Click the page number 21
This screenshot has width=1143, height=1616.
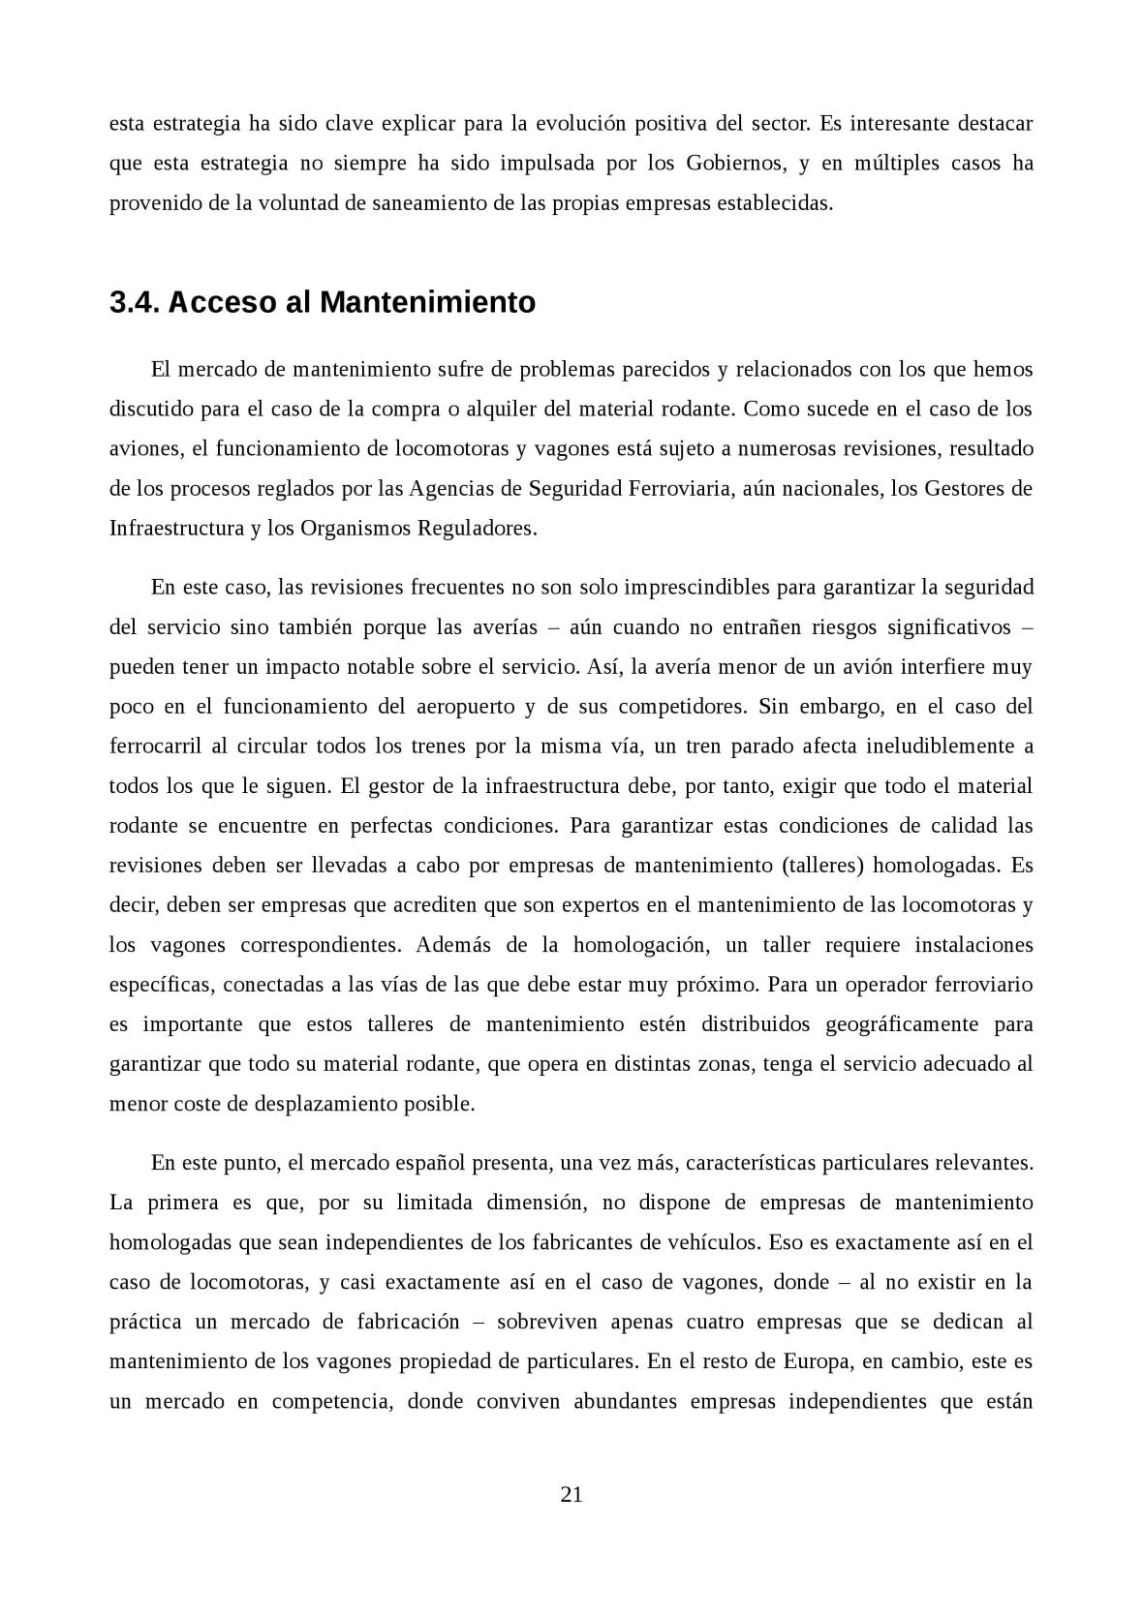tap(571, 1494)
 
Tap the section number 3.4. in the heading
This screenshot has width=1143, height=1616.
tap(135, 303)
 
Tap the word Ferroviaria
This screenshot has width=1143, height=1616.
tap(679, 488)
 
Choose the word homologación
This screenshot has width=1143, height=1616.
tap(642, 944)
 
